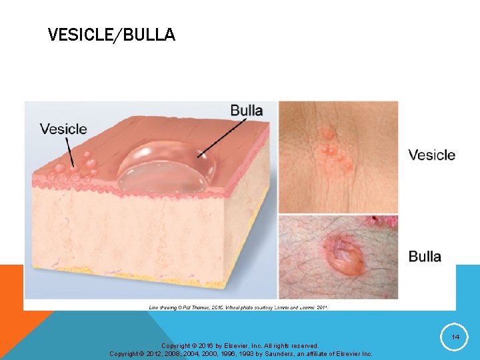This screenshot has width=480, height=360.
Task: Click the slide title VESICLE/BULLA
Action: (x=111, y=35)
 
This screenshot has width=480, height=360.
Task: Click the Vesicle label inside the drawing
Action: (x=63, y=129)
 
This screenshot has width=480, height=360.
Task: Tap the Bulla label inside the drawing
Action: (x=247, y=111)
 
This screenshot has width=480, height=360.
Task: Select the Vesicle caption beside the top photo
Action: (x=431, y=155)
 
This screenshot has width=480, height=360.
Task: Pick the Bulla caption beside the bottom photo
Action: (x=425, y=257)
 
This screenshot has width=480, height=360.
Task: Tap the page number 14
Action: (x=455, y=337)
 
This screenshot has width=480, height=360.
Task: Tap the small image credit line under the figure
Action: (x=238, y=307)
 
